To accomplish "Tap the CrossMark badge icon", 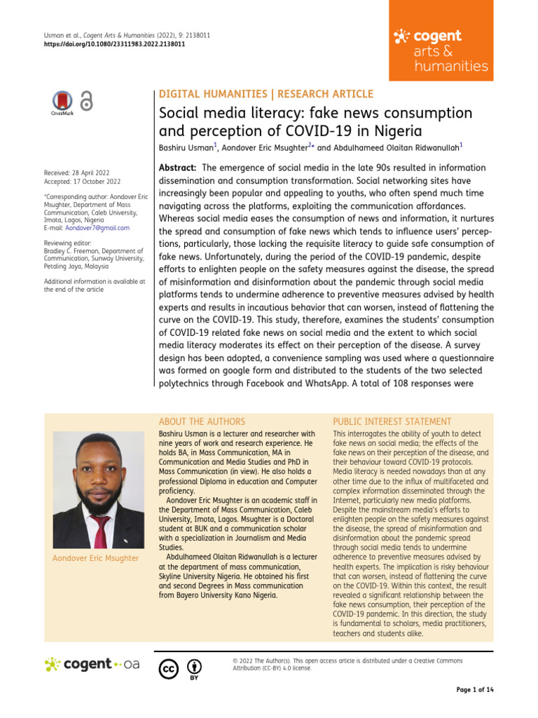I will [62, 102].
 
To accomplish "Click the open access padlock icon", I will [86, 101].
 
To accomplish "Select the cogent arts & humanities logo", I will [440, 50].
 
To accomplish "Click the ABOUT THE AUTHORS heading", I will [202, 421].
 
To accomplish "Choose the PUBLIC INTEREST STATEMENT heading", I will [392, 421].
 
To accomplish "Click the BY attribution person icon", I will [194, 667].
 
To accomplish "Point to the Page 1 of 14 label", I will [474, 690].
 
